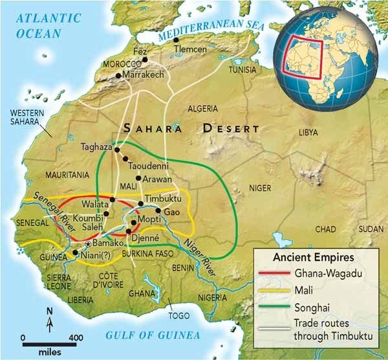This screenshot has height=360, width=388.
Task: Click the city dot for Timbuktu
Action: pyautogui.click(x=140, y=204)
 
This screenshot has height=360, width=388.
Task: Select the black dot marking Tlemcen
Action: pyautogui.click(x=177, y=40)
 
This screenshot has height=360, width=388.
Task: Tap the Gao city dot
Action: pyautogui.click(x=157, y=211)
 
